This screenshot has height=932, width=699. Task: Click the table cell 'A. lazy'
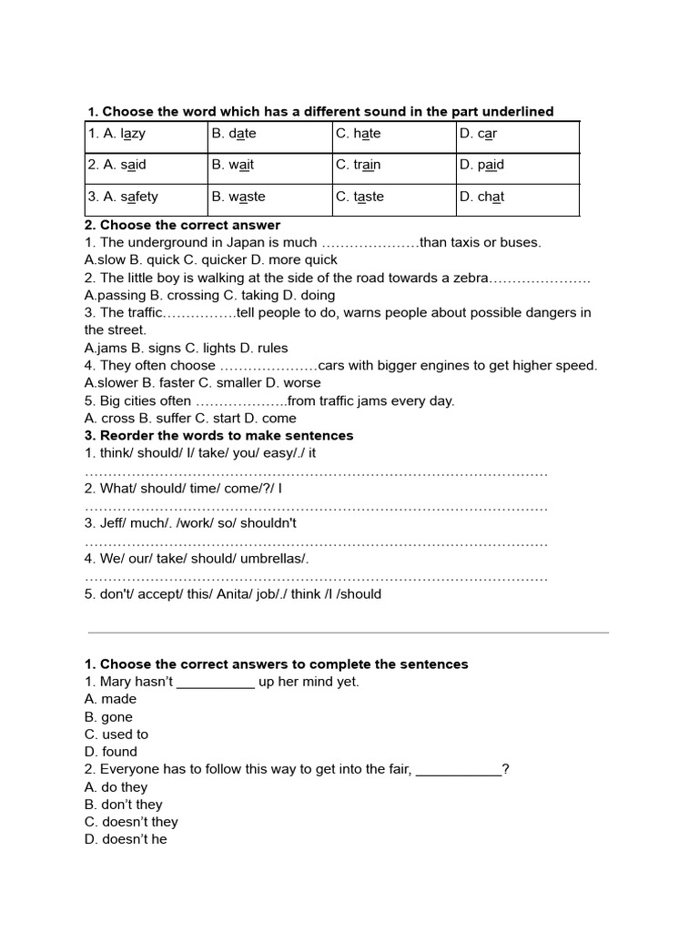pos(146,135)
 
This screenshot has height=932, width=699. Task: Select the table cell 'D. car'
pos(517,135)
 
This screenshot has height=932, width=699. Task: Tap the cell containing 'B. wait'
pos(269,166)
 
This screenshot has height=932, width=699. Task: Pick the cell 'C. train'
pos(393,166)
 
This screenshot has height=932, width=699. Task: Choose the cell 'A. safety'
pos(146,198)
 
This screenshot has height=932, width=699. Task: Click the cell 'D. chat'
pos(517,198)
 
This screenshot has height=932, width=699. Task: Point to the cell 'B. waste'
pos(269,198)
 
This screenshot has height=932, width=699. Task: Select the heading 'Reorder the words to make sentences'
pos(227,436)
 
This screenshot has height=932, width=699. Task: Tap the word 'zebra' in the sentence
pos(471,278)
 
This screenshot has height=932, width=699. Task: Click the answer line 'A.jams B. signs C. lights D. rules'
pos(186,348)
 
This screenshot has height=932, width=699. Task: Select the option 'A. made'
pos(110,699)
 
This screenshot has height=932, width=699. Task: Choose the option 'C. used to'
pos(116,734)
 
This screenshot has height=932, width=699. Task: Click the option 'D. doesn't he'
pos(126,840)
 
